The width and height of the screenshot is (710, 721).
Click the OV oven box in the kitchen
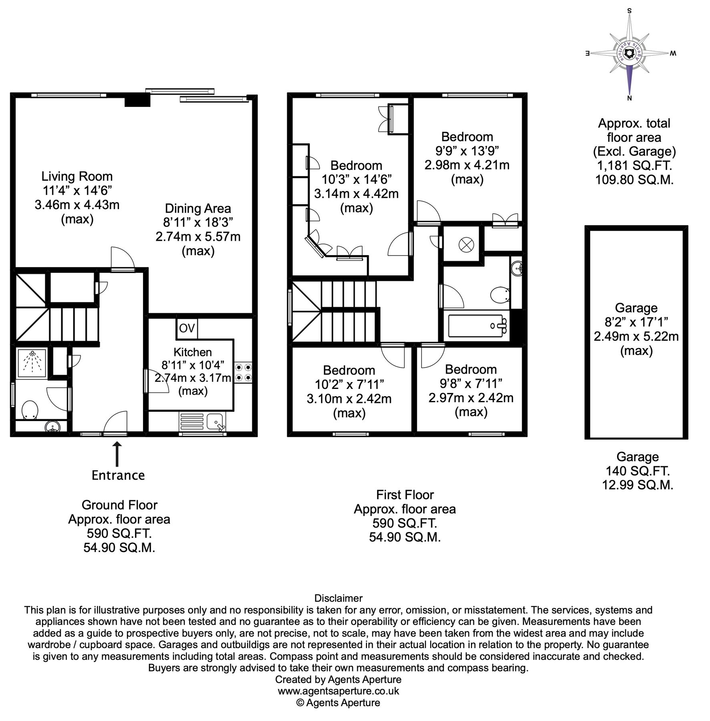tap(187, 328)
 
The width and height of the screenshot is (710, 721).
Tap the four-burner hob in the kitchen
tap(243, 371)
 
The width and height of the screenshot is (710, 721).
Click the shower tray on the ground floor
tap(32, 362)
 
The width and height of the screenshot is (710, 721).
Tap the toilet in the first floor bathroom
tap(500, 296)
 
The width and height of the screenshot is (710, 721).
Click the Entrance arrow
tap(117, 453)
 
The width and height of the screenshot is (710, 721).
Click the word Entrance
tap(118, 475)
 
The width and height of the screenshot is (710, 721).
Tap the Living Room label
tap(77, 176)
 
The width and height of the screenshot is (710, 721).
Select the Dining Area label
tap(198, 208)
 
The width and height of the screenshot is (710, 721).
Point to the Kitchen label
tap(193, 352)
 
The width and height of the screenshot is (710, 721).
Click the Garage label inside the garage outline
tap(636, 308)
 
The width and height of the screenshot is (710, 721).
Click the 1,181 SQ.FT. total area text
tap(634, 165)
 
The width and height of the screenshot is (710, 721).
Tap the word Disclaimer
tap(338, 598)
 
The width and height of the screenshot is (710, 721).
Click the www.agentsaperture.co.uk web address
tap(338, 691)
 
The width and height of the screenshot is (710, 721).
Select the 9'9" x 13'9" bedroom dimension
tap(467, 151)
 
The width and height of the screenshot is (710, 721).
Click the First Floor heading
tap(405, 495)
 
